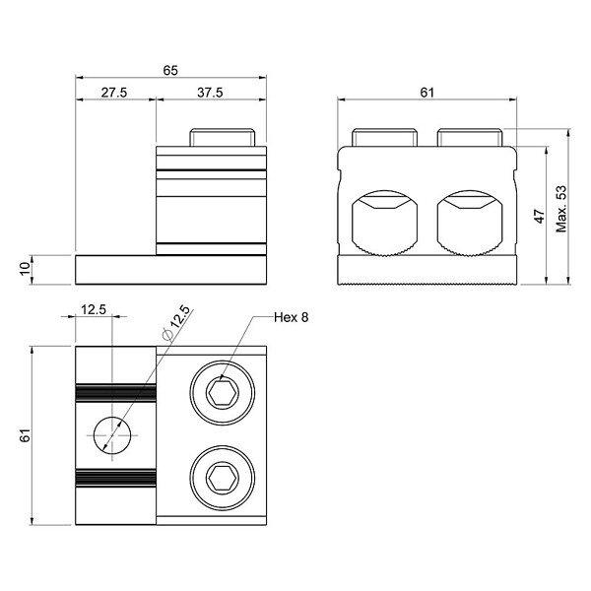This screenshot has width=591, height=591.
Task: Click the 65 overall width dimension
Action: click(x=170, y=71)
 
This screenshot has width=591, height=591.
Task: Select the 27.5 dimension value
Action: click(x=114, y=93)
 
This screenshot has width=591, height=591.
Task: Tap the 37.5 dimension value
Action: click(x=210, y=93)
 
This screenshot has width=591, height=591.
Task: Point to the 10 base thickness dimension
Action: click(x=25, y=269)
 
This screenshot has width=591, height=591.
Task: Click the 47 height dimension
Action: click(x=540, y=216)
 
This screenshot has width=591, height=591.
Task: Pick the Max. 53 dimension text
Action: click(x=560, y=209)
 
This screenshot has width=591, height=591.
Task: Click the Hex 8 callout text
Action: click(x=291, y=317)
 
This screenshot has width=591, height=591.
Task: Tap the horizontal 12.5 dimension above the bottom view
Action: click(x=94, y=310)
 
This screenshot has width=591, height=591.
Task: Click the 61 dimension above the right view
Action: click(x=427, y=93)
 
